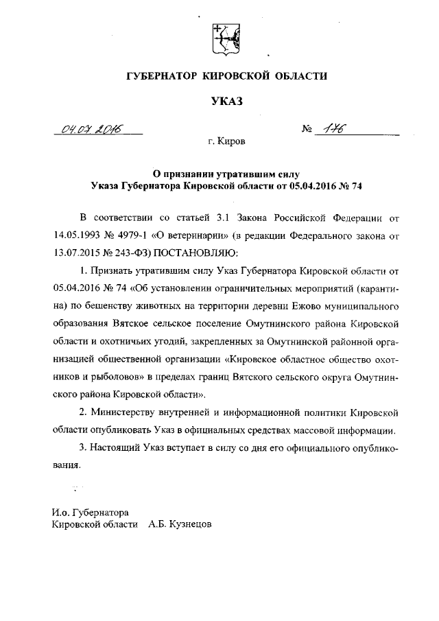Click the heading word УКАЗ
point(226,102)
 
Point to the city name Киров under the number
point(230,142)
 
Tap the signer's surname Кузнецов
point(187,524)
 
